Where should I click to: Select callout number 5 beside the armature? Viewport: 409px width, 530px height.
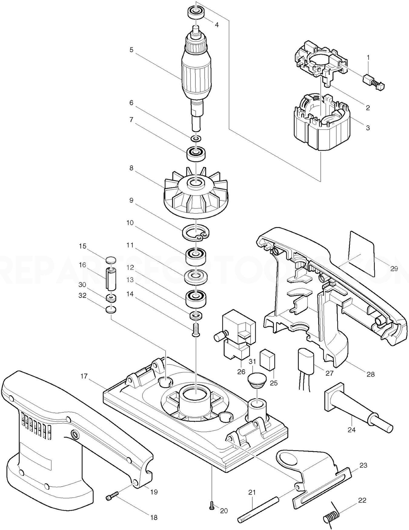click(131, 50)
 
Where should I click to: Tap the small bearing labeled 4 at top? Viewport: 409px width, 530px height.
click(195, 13)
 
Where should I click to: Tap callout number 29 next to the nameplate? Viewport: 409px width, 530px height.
click(394, 268)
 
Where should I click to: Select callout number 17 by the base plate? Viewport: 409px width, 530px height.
click(84, 376)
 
